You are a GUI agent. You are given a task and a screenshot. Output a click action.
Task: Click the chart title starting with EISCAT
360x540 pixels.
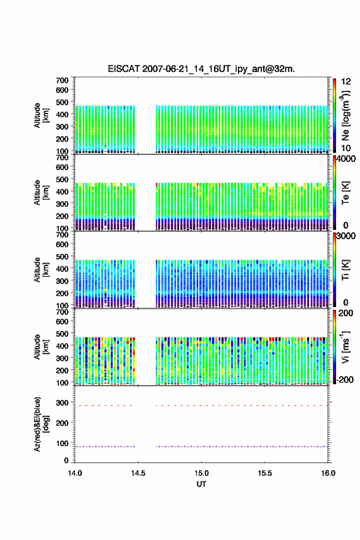pyautogui.click(x=201, y=69)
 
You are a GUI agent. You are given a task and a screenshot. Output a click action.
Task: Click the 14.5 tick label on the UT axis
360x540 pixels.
pyautogui.click(x=138, y=473)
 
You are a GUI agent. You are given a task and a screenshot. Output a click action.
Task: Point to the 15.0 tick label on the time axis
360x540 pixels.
pyautogui.click(x=201, y=473)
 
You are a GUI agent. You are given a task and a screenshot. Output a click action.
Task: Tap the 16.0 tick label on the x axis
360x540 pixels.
pyautogui.click(x=328, y=473)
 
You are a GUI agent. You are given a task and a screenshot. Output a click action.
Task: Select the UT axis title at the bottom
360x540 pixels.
pyautogui.click(x=201, y=484)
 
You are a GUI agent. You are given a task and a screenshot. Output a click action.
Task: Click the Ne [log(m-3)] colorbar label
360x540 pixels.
pyautogui.click(x=345, y=115)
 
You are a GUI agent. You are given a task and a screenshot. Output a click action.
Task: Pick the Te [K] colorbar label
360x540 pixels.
pyautogui.click(x=345, y=193)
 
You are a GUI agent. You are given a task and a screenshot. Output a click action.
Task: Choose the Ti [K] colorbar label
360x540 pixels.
pyautogui.click(x=345, y=269)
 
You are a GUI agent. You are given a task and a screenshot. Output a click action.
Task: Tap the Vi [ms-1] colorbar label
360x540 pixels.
pyautogui.click(x=345, y=347)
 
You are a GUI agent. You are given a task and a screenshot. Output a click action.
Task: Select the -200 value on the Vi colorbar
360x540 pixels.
pyautogui.click(x=345, y=379)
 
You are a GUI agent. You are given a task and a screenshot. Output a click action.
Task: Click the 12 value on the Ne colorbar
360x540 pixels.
pyautogui.click(x=346, y=82)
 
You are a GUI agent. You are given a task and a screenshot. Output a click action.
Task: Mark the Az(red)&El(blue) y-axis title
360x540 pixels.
pyautogui.click(x=40, y=424)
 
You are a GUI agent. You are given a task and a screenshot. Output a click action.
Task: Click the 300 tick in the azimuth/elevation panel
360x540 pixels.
pyautogui.click(x=63, y=403)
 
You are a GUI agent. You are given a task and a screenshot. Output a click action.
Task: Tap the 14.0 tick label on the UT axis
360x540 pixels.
pyautogui.click(x=75, y=473)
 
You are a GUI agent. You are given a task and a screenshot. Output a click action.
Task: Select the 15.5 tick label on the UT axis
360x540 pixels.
pyautogui.click(x=265, y=473)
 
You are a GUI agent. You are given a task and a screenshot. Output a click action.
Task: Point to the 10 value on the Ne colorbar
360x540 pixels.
pyautogui.click(x=346, y=148)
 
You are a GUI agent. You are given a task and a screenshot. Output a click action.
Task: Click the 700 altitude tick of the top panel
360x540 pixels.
pyautogui.click(x=63, y=80)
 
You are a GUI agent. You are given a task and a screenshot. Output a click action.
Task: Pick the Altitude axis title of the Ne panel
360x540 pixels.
pyautogui.click(x=41, y=115)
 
